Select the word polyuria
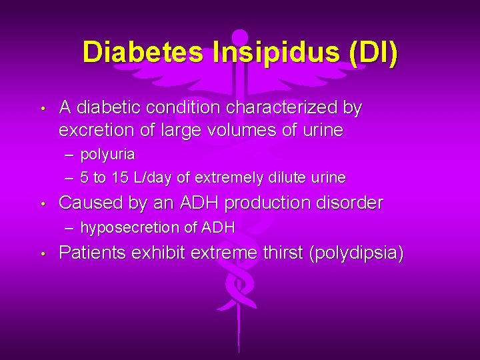click(107, 155)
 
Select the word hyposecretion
click(130, 228)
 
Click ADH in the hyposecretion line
click(219, 228)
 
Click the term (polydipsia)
click(355, 253)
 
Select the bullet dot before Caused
click(42, 203)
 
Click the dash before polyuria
click(70, 155)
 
